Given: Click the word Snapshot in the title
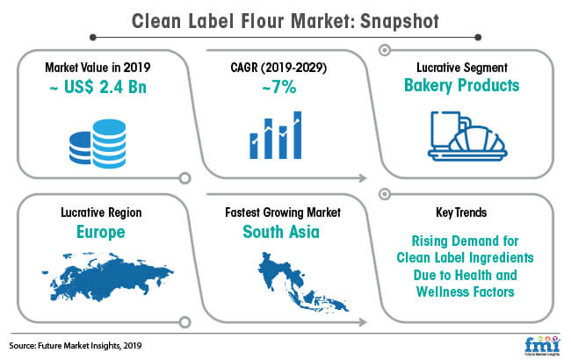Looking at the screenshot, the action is pyautogui.click(x=400, y=21).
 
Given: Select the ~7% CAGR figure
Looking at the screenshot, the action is pyautogui.click(x=279, y=87).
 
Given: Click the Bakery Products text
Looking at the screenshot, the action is pyautogui.click(x=462, y=85).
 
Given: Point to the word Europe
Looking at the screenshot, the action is pyautogui.click(x=101, y=232).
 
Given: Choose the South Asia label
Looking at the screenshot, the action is pyautogui.click(x=281, y=232).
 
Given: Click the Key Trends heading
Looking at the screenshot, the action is pyautogui.click(x=461, y=212).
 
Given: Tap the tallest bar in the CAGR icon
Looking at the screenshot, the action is pyautogui.click(x=298, y=135).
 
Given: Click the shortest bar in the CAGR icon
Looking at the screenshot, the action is pyautogui.click(x=254, y=146).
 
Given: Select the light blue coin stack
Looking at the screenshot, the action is pyautogui.click(x=109, y=143).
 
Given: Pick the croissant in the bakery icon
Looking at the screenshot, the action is pyautogui.click(x=478, y=139).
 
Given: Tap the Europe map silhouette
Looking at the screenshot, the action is pyautogui.click(x=107, y=277).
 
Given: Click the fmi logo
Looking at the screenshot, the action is pyautogui.click(x=542, y=344).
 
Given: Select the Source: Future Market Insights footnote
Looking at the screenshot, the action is pyautogui.click(x=76, y=345).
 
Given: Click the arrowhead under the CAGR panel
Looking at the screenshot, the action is pyautogui.click(x=363, y=178).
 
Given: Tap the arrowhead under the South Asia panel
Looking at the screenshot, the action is pyautogui.click(x=363, y=322).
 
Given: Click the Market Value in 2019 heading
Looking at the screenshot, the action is pyautogui.click(x=98, y=68).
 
